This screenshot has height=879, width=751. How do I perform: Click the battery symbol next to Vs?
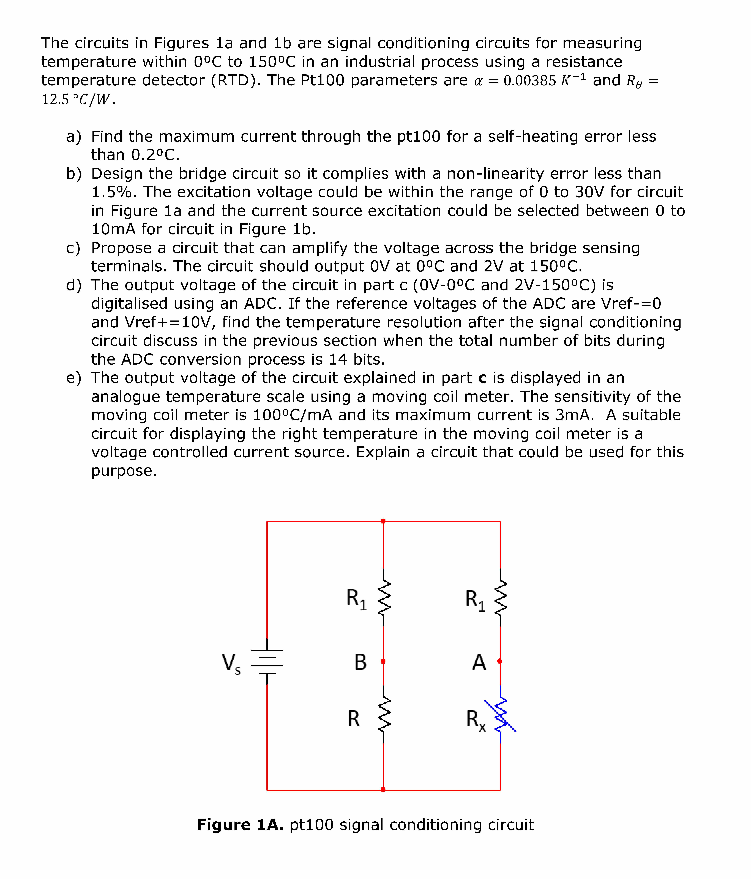coord(267,662)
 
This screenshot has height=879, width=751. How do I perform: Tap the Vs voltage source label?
coord(231,663)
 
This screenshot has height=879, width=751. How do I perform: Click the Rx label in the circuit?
coord(476,720)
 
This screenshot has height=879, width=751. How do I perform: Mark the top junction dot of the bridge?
coord(383,521)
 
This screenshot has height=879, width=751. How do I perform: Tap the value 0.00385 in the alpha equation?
coord(530,81)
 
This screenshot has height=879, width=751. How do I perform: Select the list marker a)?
coord(73,137)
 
